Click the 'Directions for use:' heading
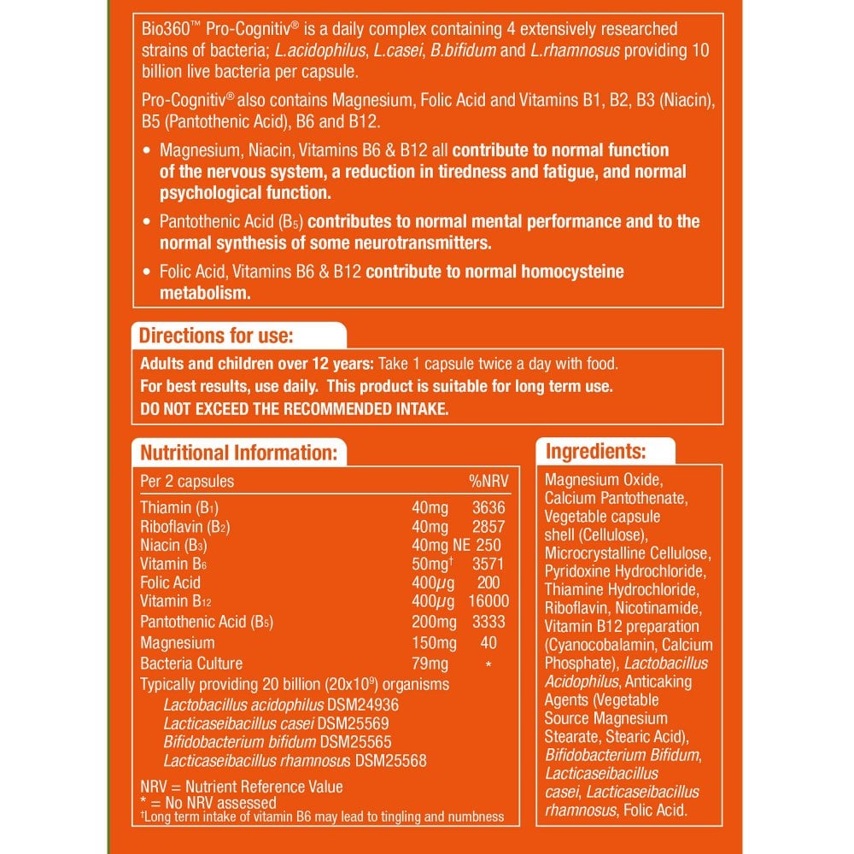[216, 335]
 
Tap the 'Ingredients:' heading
[595, 451]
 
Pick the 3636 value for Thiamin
[488, 507]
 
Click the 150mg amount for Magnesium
[434, 642]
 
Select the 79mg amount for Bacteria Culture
[430, 663]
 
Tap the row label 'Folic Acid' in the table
[170, 582]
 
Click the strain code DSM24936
[363, 705]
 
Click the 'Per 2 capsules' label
[186, 481]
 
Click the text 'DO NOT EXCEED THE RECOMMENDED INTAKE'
[294, 409]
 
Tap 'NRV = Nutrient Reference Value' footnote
[241, 787]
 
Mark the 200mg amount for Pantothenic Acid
[434, 622]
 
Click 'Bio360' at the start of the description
[163, 30]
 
